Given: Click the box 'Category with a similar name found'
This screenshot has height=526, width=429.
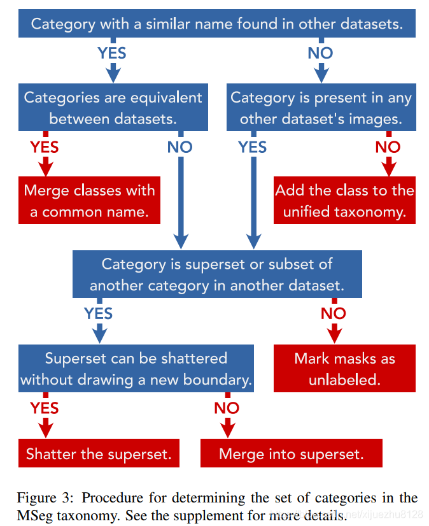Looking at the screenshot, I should click(217, 24).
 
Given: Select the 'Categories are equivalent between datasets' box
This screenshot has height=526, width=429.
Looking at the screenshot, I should click(113, 108).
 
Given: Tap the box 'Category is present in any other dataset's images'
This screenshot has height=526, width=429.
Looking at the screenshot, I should click(321, 108).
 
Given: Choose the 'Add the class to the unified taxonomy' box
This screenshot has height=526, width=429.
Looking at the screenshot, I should click(344, 201).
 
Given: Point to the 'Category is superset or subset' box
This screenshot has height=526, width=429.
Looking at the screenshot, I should click(217, 274).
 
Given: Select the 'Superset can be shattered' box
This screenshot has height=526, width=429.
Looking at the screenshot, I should click(136, 368).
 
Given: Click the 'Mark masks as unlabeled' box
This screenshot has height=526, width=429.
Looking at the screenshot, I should click(344, 368).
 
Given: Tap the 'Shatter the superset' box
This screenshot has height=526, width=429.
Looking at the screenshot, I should click(99, 454).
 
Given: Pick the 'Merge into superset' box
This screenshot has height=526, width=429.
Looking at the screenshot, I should click(291, 454).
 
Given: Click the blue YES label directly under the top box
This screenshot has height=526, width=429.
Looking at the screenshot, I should click(112, 53).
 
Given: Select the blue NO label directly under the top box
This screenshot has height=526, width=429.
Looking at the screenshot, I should click(320, 53).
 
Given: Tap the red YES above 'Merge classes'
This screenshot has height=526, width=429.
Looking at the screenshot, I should click(45, 147).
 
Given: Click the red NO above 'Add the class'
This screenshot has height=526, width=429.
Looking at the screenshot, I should click(388, 147).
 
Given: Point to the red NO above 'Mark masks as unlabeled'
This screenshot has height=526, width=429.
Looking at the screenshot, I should click(333, 313).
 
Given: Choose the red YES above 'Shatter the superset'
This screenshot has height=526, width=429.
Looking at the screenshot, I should click(45, 408).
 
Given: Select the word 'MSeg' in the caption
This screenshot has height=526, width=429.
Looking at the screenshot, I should click(35, 514).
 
